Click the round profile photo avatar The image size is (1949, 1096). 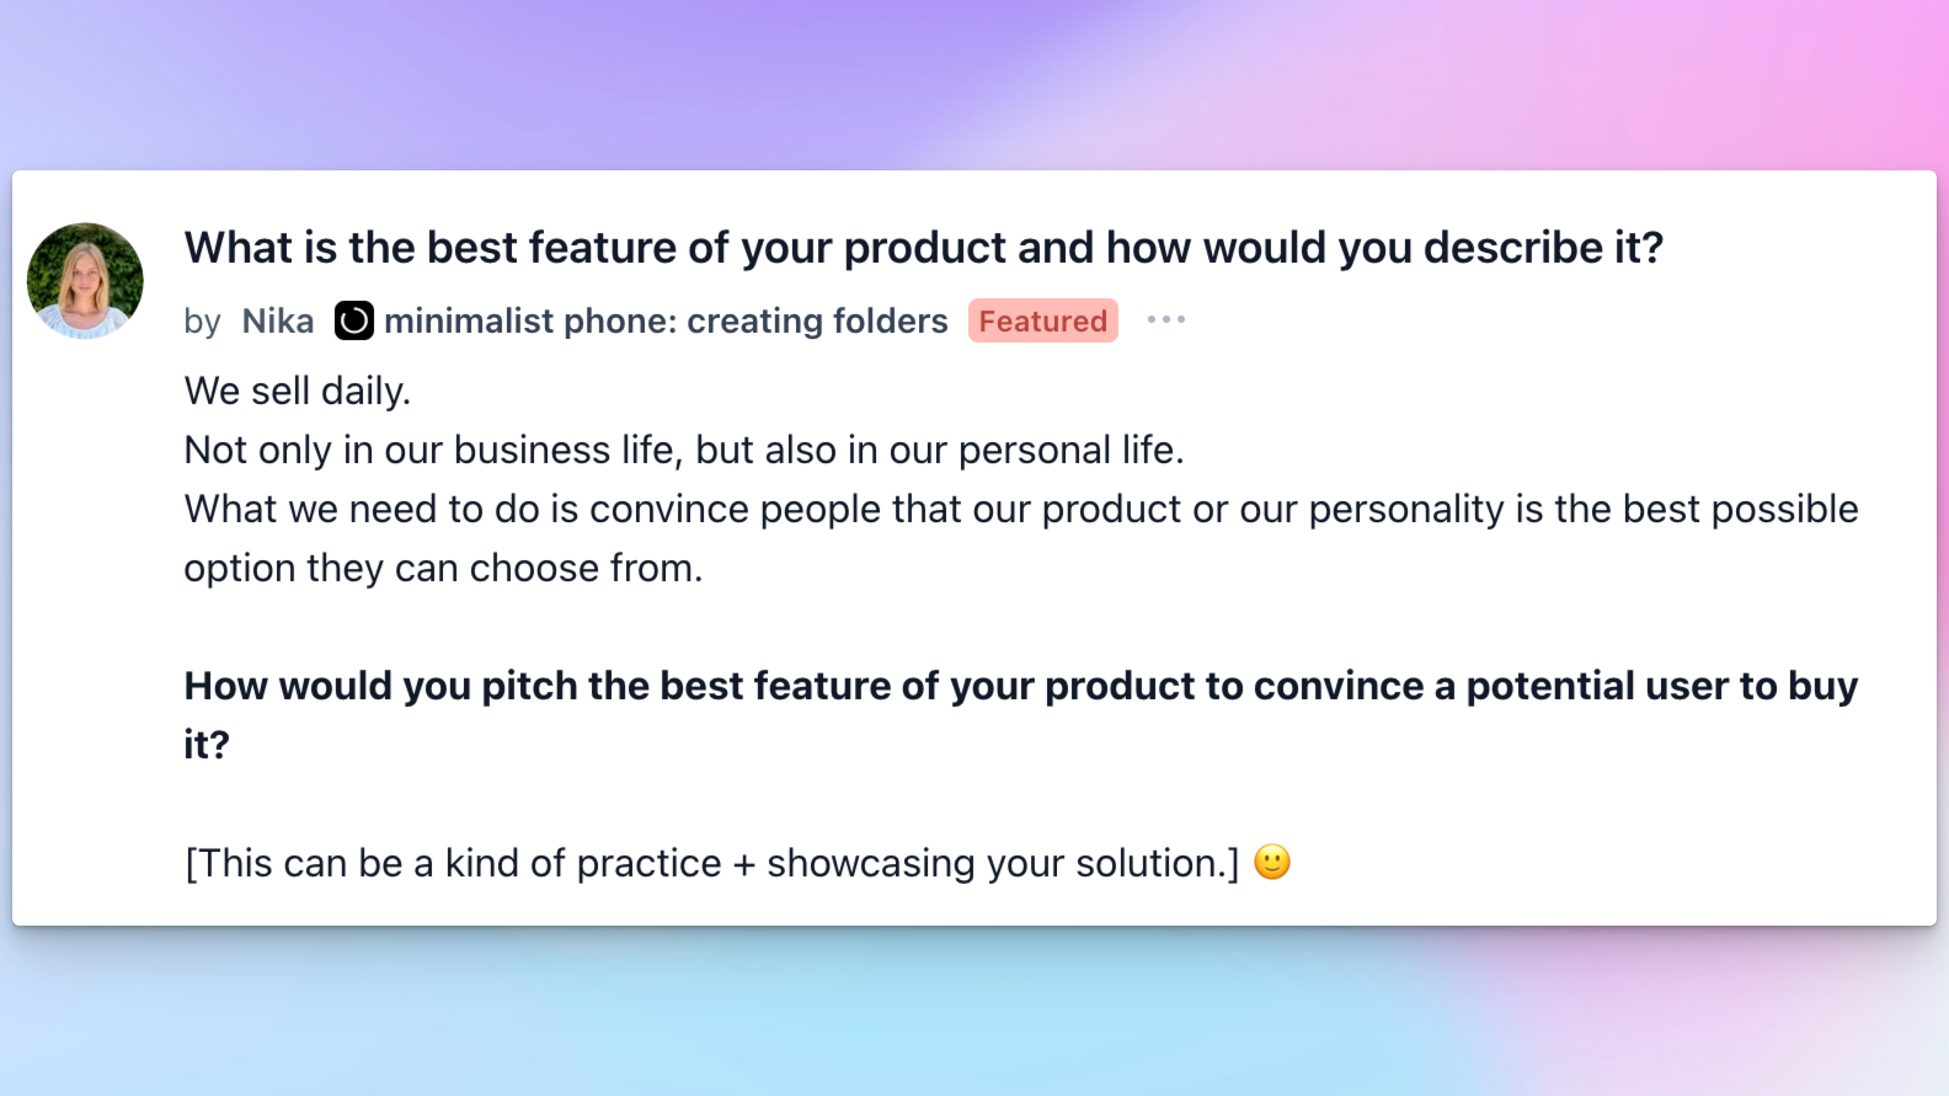pos(85,280)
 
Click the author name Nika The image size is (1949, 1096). pos(277,322)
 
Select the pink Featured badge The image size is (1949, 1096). pos(1043,320)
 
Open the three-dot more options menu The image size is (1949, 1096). pos(1166,319)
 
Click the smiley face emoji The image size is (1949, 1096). pos(1272,862)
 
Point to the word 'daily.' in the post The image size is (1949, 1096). pos(365,392)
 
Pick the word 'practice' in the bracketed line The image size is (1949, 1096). pos(649,864)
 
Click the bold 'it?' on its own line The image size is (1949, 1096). pos(207,745)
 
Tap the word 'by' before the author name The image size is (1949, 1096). pos(202,322)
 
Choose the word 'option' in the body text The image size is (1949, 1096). pos(239,570)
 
